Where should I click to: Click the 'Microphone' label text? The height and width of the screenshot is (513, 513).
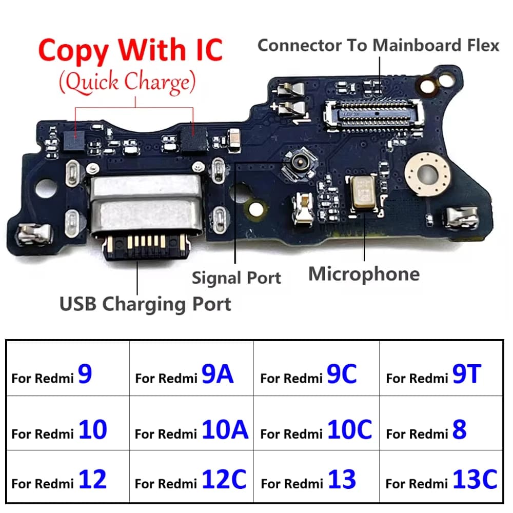[x=364, y=274]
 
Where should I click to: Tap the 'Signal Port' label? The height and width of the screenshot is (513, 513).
[x=236, y=278]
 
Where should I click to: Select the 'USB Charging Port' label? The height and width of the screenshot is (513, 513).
[x=145, y=304]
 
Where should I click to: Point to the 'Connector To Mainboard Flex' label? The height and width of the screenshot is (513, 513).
[x=378, y=45]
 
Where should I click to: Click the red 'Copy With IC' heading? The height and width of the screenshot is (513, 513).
[x=130, y=50]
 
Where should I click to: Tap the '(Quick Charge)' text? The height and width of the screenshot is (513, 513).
[x=127, y=82]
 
